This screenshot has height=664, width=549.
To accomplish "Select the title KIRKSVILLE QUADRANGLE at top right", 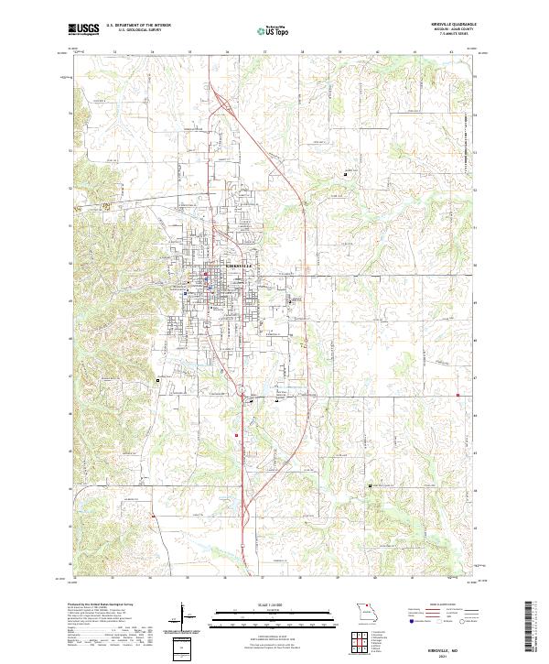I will [x=455, y=26].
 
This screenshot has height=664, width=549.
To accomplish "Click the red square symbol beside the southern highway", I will [x=237, y=435].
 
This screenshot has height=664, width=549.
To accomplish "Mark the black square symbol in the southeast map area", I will [x=370, y=485].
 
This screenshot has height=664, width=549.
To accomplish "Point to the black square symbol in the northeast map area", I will [x=345, y=174].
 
